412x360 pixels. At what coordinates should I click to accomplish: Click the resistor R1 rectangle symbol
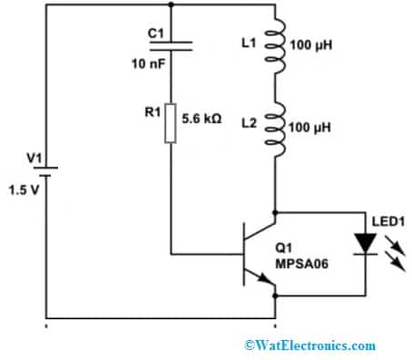tap(170, 127)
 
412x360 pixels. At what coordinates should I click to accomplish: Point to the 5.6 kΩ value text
tap(205, 117)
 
